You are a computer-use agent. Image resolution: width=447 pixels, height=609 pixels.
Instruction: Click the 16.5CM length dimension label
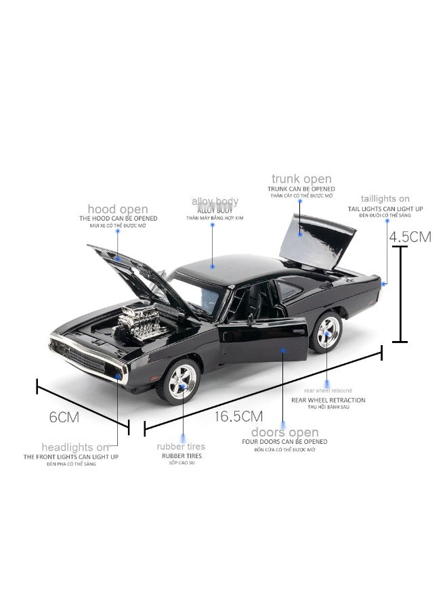[238, 416]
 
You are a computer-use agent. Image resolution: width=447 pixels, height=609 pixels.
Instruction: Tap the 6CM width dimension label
[64, 417]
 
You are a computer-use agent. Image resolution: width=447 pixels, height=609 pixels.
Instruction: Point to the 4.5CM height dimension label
[410, 237]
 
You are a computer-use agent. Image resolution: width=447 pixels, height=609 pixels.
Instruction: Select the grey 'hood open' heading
[117, 209]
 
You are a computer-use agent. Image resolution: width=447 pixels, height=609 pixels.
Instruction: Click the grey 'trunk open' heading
[301, 179]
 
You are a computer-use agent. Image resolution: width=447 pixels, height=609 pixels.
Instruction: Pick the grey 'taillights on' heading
[385, 199]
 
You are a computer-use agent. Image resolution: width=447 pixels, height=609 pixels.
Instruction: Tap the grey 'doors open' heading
[284, 432]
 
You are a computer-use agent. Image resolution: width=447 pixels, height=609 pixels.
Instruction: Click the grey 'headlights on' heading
[75, 447]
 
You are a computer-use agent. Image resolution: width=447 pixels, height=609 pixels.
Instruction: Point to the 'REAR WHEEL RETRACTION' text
[328, 400]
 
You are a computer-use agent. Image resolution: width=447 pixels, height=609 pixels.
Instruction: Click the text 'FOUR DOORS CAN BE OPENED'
[284, 442]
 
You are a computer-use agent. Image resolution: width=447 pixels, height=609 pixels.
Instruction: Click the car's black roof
[227, 265]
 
